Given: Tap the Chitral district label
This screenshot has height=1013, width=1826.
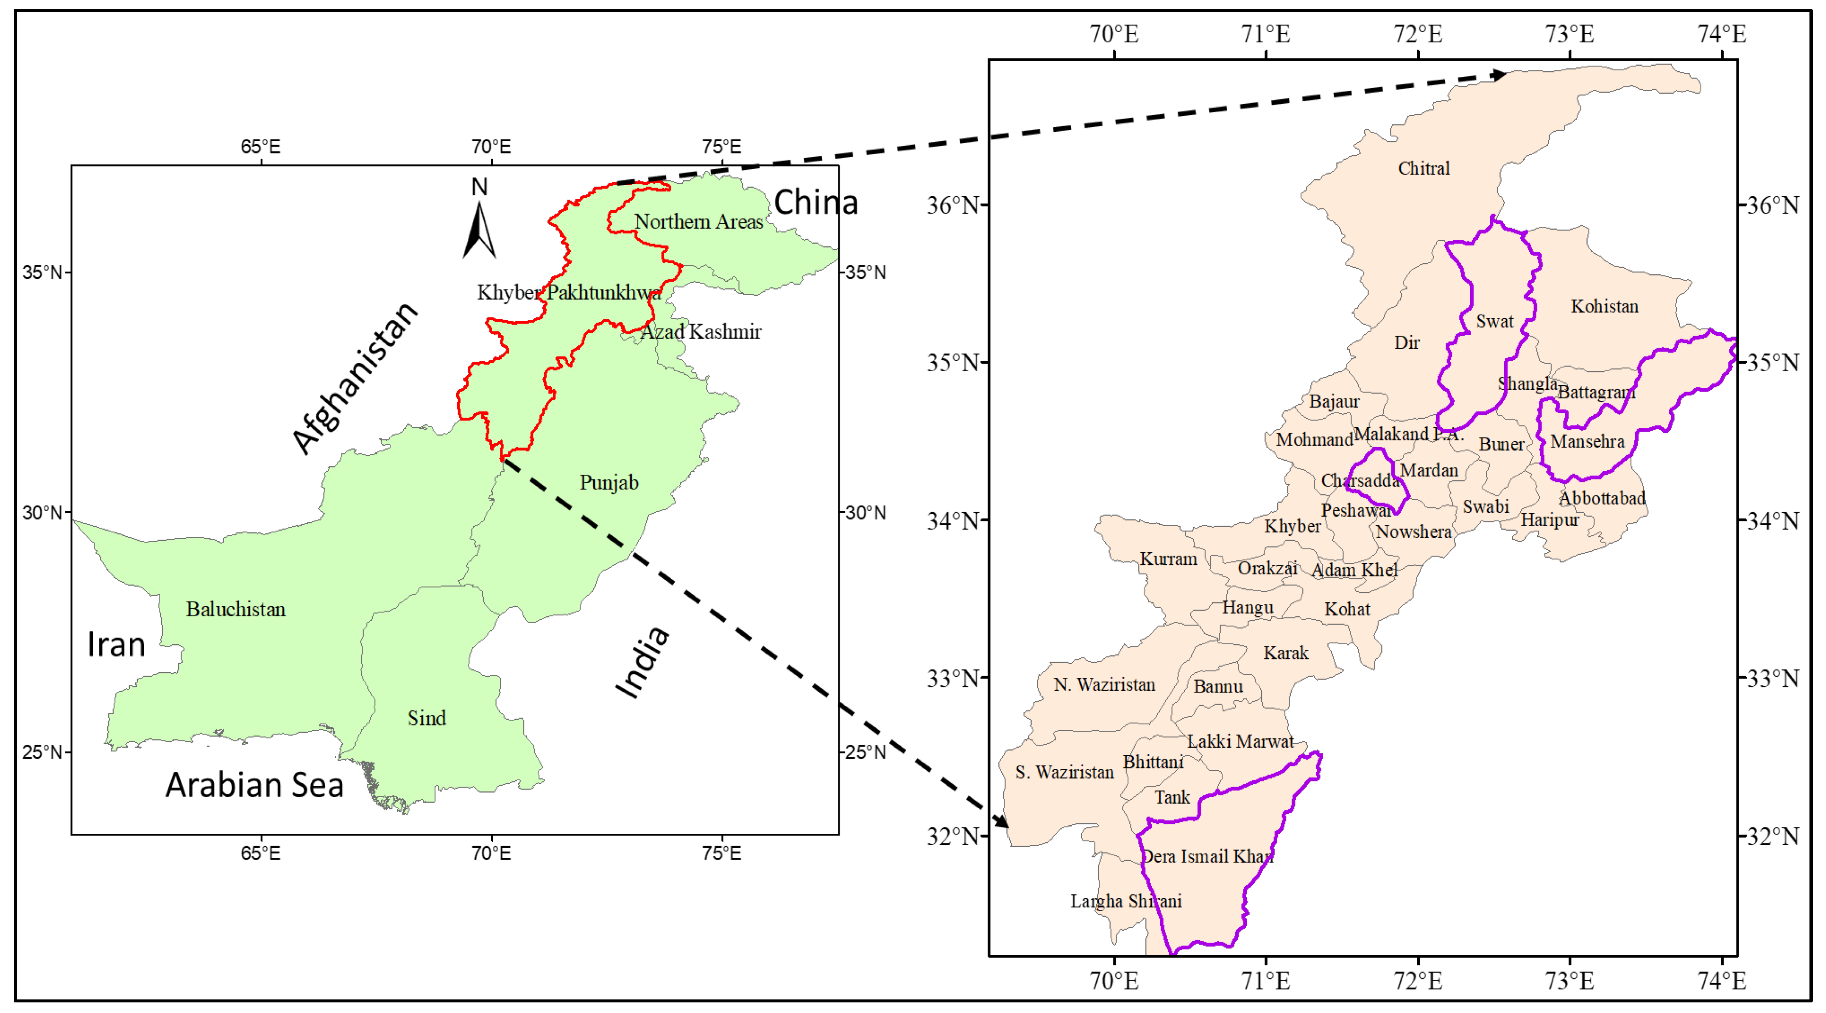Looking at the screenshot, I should pos(1424,169).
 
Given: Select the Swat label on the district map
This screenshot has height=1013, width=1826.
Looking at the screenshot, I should pos(1494,322).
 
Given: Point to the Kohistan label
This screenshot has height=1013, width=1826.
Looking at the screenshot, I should pos(1604,307).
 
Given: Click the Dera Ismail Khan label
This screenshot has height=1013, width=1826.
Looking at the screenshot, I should pos(1207,857).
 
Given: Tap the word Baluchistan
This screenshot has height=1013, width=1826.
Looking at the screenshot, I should pos(235,609).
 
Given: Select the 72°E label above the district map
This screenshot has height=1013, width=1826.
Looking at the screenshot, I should pos(1418,34).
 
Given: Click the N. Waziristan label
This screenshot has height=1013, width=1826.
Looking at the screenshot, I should pos(1104,685).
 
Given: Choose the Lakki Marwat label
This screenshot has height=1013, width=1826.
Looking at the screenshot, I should pos(1240,742).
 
